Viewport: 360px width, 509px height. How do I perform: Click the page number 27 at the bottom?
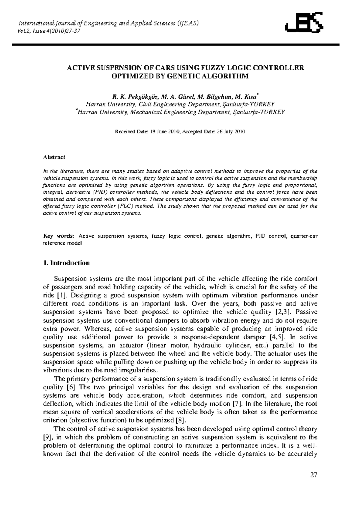314,475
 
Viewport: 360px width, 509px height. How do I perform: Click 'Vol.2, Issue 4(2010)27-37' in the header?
49,31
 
